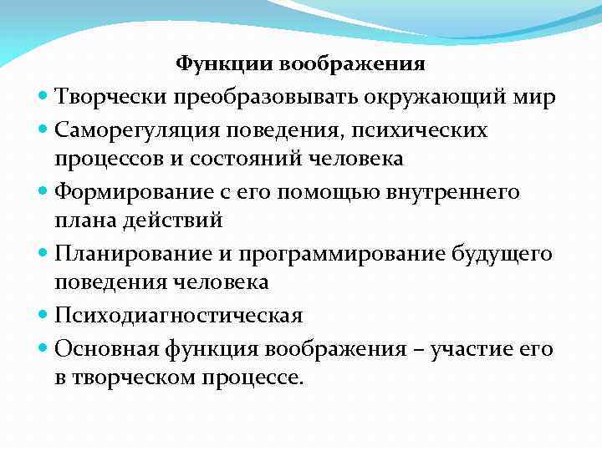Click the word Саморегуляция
coord(136,131)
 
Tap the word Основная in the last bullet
coord(104,347)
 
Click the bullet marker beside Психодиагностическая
coord(43,316)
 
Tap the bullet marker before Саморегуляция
coord(43,130)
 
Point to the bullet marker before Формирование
coord(43,192)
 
